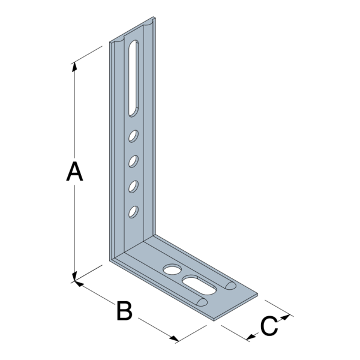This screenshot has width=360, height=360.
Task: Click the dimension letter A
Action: click(74, 172)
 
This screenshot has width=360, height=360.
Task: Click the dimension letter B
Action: click(124, 311)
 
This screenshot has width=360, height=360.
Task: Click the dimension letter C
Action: click(269, 326)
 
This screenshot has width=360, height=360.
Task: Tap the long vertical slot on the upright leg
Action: click(133, 78)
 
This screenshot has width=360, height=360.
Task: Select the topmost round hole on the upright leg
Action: click(133, 136)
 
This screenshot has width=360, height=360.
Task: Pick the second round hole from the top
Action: click(133, 161)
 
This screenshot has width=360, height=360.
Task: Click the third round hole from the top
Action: click(133, 187)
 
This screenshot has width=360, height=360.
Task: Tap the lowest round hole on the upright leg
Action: click(133, 212)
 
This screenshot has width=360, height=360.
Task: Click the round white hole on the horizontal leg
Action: click(172, 269)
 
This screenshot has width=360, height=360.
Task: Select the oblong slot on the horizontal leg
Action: click(199, 284)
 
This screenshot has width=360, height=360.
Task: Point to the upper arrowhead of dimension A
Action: click(74, 67)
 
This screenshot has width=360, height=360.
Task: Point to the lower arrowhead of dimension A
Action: click(74, 277)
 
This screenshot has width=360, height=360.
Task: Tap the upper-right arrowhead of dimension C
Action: click(286, 317)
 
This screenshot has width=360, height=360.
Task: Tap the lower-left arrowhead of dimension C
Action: click(251, 337)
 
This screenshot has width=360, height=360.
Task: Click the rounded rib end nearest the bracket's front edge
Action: click(202, 302)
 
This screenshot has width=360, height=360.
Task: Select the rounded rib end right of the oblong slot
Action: click(230, 285)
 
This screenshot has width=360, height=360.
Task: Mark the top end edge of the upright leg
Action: click(133, 30)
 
